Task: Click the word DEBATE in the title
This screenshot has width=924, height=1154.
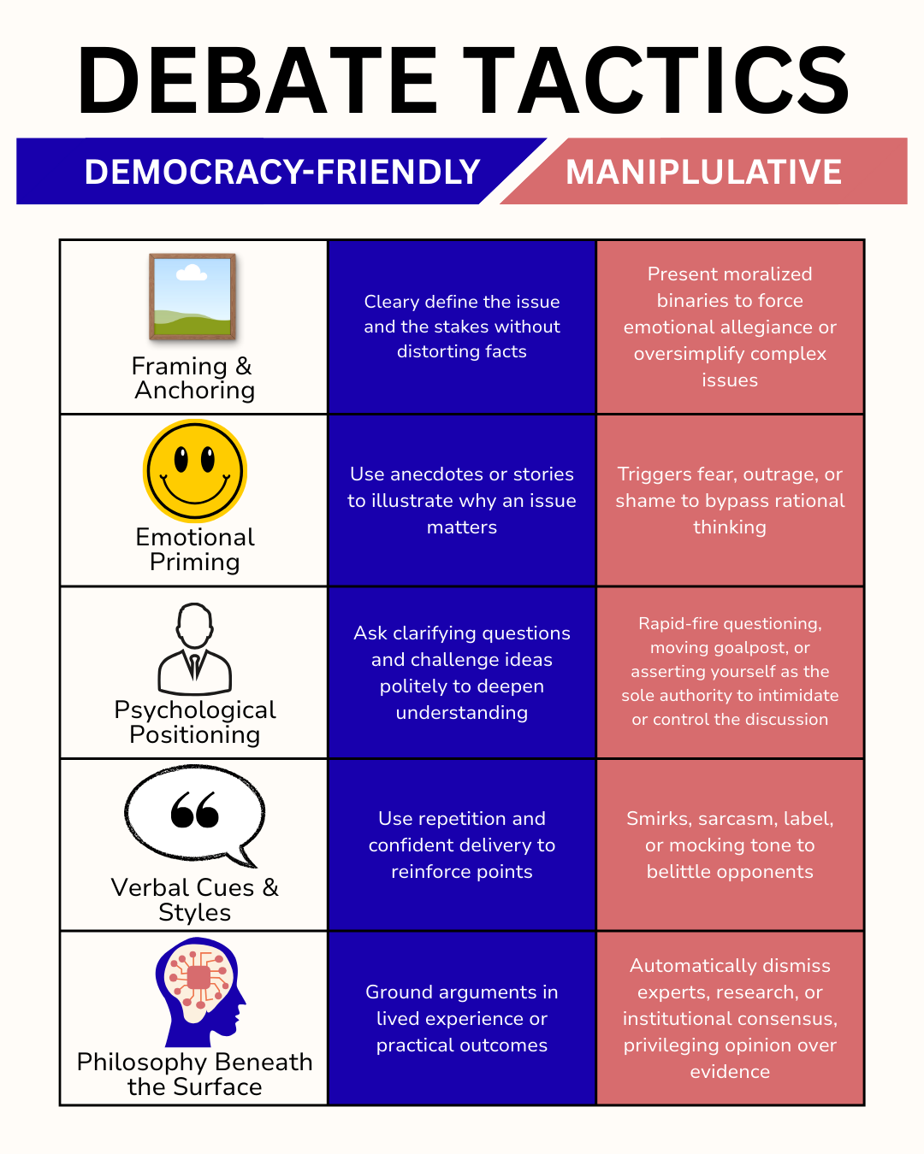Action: [257, 81]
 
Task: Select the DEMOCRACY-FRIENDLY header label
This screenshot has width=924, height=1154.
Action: [281, 172]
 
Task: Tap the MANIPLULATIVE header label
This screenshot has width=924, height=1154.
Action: [703, 172]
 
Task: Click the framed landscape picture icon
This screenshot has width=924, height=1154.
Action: [192, 297]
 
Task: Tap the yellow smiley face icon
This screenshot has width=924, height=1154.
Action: [195, 471]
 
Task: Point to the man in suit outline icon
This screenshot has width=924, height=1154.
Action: [195, 649]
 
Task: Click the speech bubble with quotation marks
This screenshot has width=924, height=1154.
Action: [195, 815]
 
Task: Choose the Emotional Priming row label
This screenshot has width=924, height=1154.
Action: [195, 549]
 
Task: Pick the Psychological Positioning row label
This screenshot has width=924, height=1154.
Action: [195, 722]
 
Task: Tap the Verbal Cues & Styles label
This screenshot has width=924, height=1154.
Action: [195, 899]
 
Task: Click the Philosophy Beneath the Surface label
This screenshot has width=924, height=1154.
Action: [195, 1074]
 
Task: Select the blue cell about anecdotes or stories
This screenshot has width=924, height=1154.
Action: [462, 500]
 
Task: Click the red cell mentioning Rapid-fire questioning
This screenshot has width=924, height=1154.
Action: [730, 671]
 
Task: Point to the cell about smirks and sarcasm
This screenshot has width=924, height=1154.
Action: [730, 845]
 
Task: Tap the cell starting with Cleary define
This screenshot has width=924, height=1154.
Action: [462, 327]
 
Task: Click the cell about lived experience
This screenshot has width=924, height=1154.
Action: [462, 1018]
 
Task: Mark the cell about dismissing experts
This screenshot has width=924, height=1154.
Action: [730, 1018]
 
